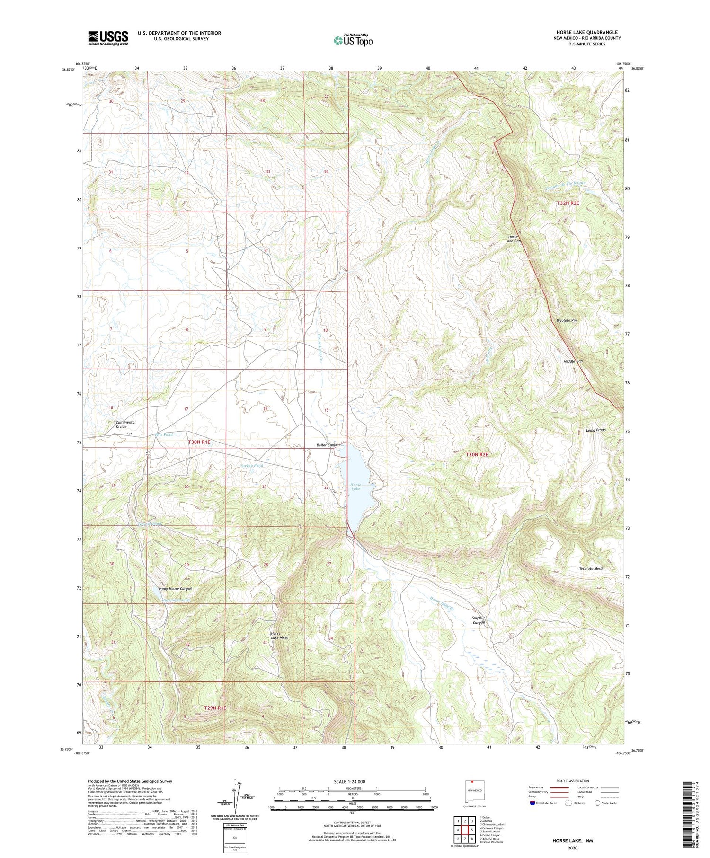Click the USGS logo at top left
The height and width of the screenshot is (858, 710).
(108, 38)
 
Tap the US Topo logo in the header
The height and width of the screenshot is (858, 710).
(353, 41)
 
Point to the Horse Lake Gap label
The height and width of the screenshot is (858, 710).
(514, 239)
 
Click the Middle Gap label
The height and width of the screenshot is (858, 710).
(573, 361)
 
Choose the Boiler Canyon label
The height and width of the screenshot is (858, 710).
(328, 445)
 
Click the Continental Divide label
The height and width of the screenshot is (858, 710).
(125, 424)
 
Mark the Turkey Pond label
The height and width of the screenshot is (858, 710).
(251, 466)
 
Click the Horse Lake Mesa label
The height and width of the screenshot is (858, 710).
(279, 635)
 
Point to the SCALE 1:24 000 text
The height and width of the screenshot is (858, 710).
(349, 781)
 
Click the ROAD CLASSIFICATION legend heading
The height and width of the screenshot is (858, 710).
(573, 781)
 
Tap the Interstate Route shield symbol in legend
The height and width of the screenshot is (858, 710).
(532, 803)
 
